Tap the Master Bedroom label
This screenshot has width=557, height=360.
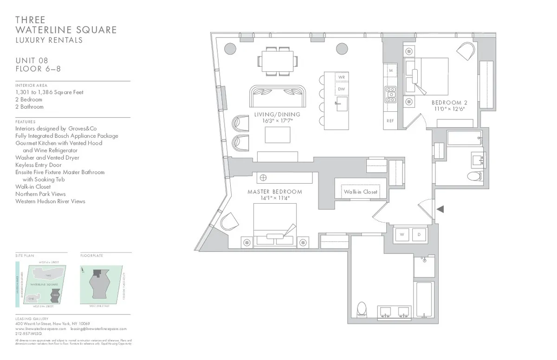(x=275, y=192)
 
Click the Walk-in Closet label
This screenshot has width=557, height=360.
(x=361, y=192)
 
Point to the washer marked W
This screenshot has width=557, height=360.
(x=402, y=235)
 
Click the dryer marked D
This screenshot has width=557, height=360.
(x=419, y=235)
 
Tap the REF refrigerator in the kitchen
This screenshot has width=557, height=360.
(x=390, y=121)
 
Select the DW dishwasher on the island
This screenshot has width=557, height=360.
(x=341, y=89)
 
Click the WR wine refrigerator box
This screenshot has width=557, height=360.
(x=341, y=77)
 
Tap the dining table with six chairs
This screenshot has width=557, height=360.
(x=278, y=60)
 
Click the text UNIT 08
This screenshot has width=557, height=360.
(x=32, y=60)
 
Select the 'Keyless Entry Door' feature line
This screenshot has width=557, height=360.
(x=38, y=165)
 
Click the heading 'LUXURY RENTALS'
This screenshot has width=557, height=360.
(x=49, y=40)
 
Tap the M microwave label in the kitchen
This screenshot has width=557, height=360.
(x=391, y=71)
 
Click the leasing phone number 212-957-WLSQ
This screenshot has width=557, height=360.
(x=29, y=333)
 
